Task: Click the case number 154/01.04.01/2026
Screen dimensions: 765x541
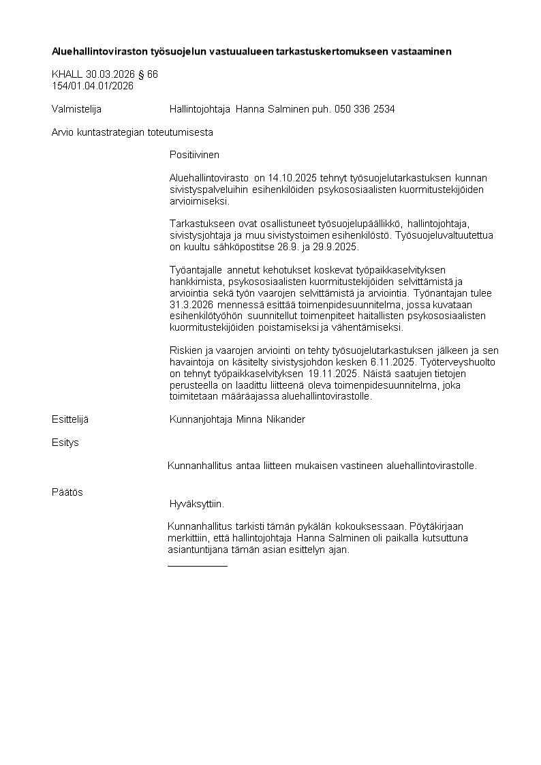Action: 93,86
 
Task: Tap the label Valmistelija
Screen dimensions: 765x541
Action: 76,109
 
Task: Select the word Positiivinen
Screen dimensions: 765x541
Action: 194,155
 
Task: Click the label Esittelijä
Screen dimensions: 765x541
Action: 70,419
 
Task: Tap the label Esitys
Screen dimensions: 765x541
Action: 65,442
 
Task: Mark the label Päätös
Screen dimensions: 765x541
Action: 67,492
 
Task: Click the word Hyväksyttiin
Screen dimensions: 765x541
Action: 196,505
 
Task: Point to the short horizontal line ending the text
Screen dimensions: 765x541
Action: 198,565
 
